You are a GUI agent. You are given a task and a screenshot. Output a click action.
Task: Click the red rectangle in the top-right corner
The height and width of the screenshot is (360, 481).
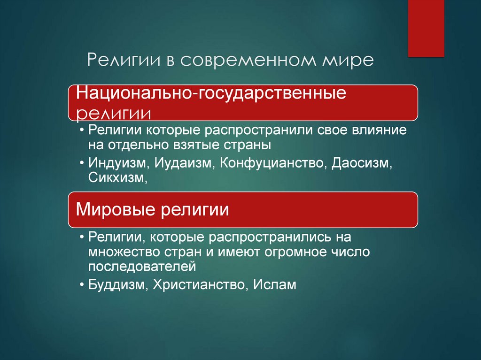coord(426,28)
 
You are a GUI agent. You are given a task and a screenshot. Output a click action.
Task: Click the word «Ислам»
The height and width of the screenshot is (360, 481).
coord(275,284)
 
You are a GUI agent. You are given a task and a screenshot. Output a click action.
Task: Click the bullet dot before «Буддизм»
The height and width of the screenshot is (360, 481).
coord(82,284)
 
